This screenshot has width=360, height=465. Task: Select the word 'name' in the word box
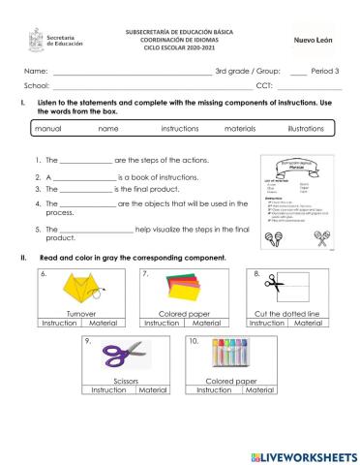click(x=108, y=128)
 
